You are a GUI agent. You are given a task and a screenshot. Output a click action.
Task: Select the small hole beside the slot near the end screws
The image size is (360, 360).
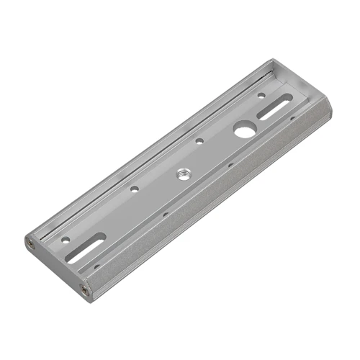click(x=66, y=238)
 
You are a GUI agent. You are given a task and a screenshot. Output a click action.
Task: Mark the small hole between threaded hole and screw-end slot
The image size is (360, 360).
click(x=134, y=189)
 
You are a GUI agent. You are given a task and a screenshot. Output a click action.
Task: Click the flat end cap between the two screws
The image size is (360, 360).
click(x=56, y=266)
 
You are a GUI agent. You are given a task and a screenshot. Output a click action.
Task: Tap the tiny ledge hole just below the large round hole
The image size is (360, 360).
click(x=230, y=164)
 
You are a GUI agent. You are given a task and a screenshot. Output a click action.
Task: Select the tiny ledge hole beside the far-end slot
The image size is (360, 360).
click(x=292, y=119)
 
